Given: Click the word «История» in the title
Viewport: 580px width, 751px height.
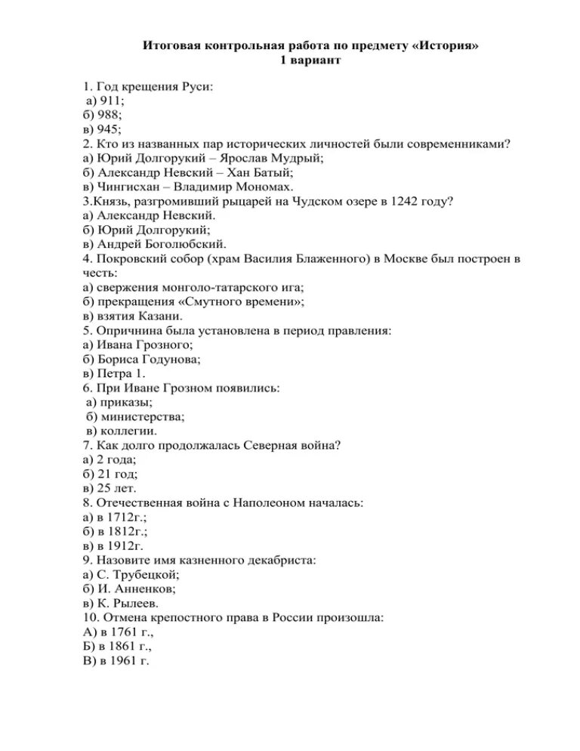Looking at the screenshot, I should pyautogui.click(x=446, y=47).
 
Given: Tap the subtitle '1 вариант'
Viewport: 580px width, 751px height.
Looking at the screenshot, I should pyautogui.click(x=310, y=60).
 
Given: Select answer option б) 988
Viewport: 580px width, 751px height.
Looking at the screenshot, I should pyautogui.click(x=103, y=116).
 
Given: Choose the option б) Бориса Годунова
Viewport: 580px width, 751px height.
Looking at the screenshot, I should pyautogui.click(x=147, y=359).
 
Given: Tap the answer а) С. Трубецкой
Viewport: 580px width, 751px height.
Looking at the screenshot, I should pyautogui.click(x=132, y=574).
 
